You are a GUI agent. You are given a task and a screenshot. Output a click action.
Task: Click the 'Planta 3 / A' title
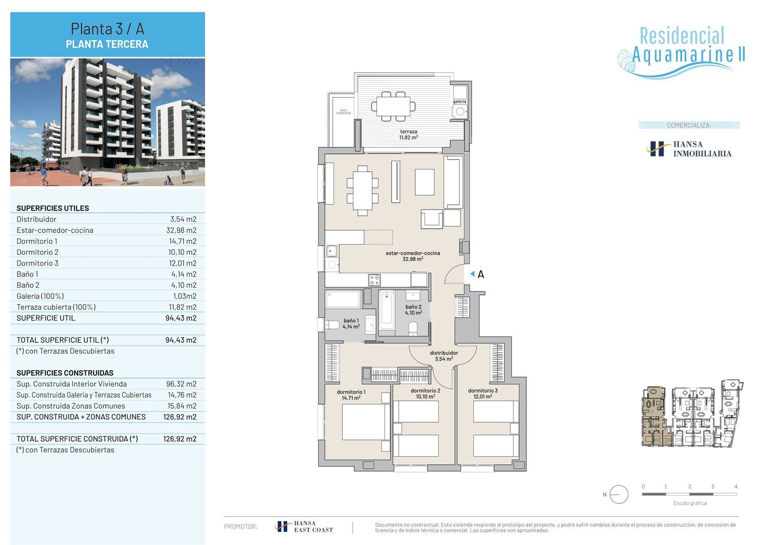tap(107, 29)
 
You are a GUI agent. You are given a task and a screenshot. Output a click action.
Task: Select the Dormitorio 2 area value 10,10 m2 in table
tap(182, 252)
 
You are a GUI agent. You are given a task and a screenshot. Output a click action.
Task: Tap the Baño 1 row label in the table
tap(28, 274)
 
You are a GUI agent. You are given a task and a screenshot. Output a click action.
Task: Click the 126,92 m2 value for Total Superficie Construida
tap(180, 439)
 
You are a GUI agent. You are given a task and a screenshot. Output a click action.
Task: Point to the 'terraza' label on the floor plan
tap(409, 131)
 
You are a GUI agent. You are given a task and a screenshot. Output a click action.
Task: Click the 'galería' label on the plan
tap(460, 102)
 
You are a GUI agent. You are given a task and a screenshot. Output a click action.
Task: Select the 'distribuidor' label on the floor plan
tap(444, 353)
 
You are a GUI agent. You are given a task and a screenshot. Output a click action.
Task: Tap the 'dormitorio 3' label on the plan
tap(483, 390)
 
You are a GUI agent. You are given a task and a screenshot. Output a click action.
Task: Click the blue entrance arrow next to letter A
tap(472, 274)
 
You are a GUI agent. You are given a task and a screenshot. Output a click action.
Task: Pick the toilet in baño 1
tap(332, 325)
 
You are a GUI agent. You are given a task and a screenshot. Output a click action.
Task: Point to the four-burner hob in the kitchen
tap(375, 280)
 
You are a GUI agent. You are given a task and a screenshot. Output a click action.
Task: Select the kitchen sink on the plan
tap(332, 251)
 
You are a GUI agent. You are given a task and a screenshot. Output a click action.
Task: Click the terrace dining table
tap(393, 106)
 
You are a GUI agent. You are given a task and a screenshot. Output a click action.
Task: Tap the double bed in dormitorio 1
tap(363, 422)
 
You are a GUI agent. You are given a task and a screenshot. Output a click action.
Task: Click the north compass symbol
tap(618, 495)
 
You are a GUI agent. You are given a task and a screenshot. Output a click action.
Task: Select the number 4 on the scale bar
tap(736, 486)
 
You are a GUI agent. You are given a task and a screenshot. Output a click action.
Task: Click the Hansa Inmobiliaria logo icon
tap(656, 149)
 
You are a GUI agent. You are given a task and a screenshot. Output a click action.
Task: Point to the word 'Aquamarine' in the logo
tap(683, 54)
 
